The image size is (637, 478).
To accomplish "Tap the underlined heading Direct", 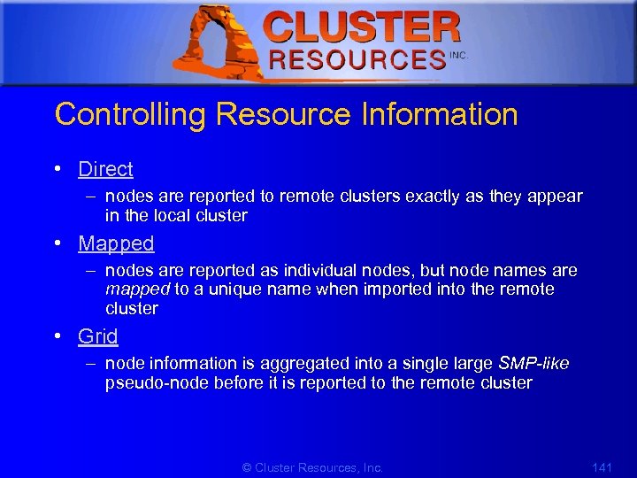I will click(x=105, y=169).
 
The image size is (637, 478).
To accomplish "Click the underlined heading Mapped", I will click(x=116, y=243).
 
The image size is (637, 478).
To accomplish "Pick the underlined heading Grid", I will click(x=97, y=336).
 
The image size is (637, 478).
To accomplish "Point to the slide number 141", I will click(x=602, y=467).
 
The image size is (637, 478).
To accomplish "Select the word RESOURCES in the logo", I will click(x=357, y=60).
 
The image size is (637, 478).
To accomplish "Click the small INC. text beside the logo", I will click(x=458, y=55).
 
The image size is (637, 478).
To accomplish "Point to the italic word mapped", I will click(x=137, y=289).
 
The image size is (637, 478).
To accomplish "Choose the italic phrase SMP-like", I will click(x=534, y=364).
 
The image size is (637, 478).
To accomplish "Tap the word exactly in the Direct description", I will click(x=433, y=197).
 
